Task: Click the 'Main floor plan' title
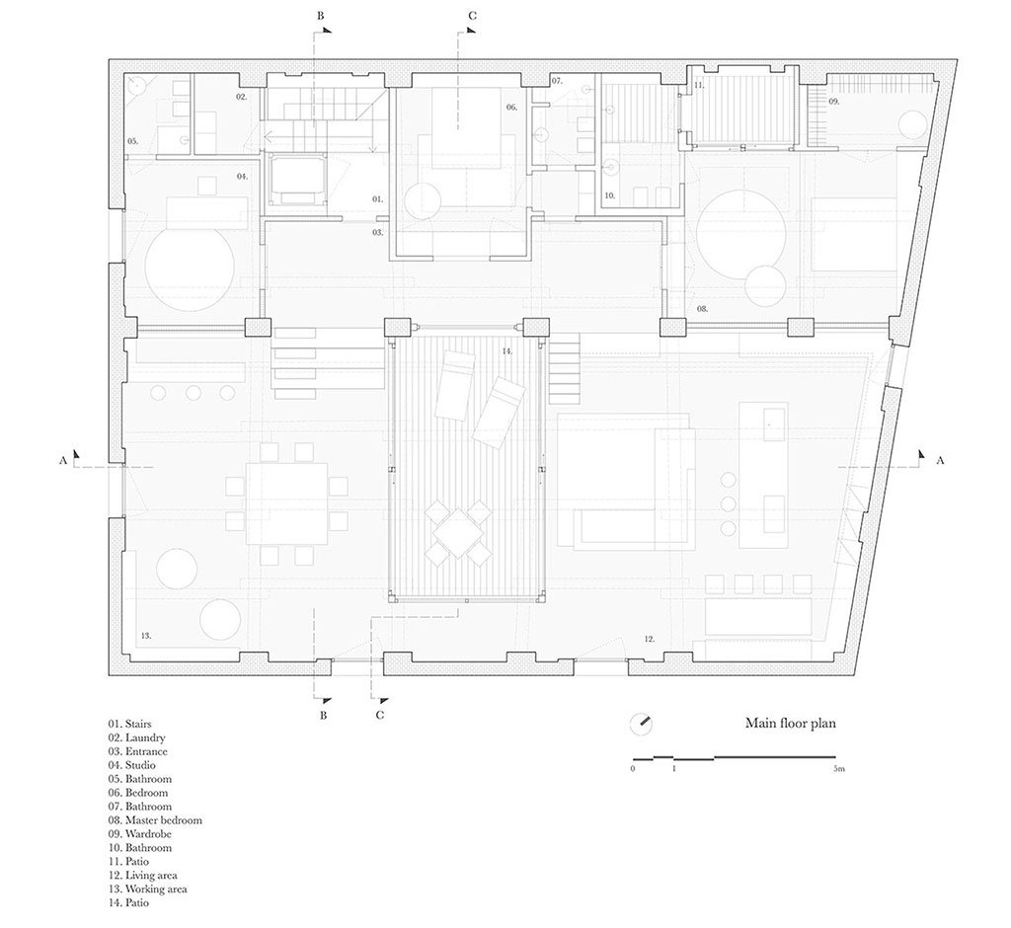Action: coord(791,723)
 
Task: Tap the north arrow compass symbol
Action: coord(641,724)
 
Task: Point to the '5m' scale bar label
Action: coord(838,769)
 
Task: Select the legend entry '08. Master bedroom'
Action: coord(155,820)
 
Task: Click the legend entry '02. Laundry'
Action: coord(136,737)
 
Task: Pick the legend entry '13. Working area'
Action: coord(148,889)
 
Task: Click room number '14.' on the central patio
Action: coord(507,351)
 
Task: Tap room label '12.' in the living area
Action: coord(650,639)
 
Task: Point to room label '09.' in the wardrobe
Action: coord(833,102)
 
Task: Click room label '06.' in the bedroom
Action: coord(511,107)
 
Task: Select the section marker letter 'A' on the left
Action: coord(62,460)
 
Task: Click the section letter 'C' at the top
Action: coord(472,16)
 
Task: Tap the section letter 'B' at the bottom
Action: coord(324,715)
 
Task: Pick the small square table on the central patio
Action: coord(458,533)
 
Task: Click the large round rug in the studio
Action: coord(190,267)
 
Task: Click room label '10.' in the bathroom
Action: coord(610,195)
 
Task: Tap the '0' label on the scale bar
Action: coord(633,769)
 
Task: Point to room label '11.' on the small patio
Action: coord(700,85)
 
